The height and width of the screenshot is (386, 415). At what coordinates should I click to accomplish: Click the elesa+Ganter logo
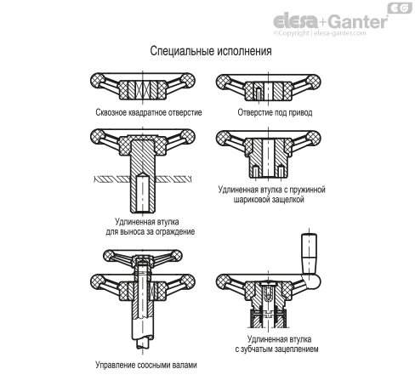click(331, 21)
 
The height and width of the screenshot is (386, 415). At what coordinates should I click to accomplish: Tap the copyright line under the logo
click(320, 33)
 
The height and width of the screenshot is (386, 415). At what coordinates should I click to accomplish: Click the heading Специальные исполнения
click(211, 51)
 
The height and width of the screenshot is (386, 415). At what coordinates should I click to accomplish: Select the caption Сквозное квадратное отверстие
click(149, 112)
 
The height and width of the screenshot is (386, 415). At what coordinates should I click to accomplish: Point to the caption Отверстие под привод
click(275, 112)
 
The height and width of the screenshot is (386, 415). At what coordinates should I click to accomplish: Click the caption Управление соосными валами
click(146, 365)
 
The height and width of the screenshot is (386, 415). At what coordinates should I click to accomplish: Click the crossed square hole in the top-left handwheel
click(143, 89)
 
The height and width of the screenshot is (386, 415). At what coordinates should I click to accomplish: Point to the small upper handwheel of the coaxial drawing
click(143, 258)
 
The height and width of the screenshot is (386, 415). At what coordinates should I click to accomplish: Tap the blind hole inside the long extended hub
click(143, 193)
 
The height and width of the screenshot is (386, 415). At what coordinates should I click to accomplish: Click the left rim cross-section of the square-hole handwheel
click(98, 80)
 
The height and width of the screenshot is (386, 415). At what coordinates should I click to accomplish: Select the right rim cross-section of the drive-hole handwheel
click(313, 82)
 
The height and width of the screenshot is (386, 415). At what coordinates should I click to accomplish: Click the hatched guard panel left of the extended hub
click(112, 179)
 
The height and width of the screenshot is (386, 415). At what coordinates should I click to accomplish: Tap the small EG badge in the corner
click(400, 8)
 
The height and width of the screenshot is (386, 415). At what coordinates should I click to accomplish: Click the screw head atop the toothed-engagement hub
click(268, 284)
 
